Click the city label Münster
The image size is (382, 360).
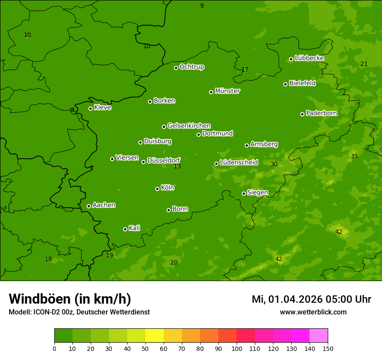click(227, 91)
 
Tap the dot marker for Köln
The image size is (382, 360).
click(157, 189)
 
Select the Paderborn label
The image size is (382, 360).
click(321, 113)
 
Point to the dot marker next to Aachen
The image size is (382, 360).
click(89, 206)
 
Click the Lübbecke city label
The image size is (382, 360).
click(309, 58)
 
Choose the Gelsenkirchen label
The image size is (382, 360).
click(189, 126)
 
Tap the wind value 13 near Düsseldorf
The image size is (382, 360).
click(177, 167)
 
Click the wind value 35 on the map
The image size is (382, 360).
click(354, 156)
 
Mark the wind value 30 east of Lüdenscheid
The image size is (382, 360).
click(274, 164)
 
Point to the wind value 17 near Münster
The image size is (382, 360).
click(245, 70)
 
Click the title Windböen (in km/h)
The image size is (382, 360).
click(70, 299)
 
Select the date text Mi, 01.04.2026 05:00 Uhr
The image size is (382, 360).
click(311, 299)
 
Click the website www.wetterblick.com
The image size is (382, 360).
click(313, 312)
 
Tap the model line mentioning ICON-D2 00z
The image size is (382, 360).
click(79, 312)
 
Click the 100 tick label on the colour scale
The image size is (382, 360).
click(237, 348)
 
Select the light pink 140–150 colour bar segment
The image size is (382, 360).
click(319, 336)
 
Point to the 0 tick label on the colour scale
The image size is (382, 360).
click(54, 348)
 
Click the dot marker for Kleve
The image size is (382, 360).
click(90, 108)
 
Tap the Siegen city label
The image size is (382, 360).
click(257, 193)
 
